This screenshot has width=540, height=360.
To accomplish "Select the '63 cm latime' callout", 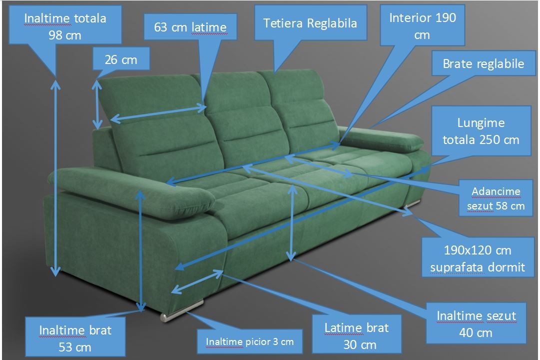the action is pyautogui.click(x=190, y=26).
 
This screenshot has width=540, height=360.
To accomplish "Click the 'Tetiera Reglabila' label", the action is pyautogui.click(x=310, y=22).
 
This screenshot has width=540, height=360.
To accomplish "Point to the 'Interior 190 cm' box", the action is pyautogui.click(x=423, y=25).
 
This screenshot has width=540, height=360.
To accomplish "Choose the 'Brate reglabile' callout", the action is pyautogui.click(x=483, y=63).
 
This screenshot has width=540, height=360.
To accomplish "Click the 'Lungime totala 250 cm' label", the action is pyautogui.click(x=481, y=130).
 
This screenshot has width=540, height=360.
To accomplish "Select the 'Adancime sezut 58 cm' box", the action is pyautogui.click(x=496, y=198).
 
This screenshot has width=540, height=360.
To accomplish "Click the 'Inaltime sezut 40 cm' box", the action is pyautogui.click(x=476, y=323).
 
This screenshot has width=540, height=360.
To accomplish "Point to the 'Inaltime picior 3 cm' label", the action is pyautogui.click(x=250, y=341).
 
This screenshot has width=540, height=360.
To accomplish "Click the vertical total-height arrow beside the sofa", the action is pyautogui.click(x=55, y=178).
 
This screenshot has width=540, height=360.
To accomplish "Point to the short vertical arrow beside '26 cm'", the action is pyautogui.click(x=97, y=105).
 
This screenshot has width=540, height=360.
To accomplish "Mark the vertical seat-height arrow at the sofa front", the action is pyautogui.click(x=292, y=223).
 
